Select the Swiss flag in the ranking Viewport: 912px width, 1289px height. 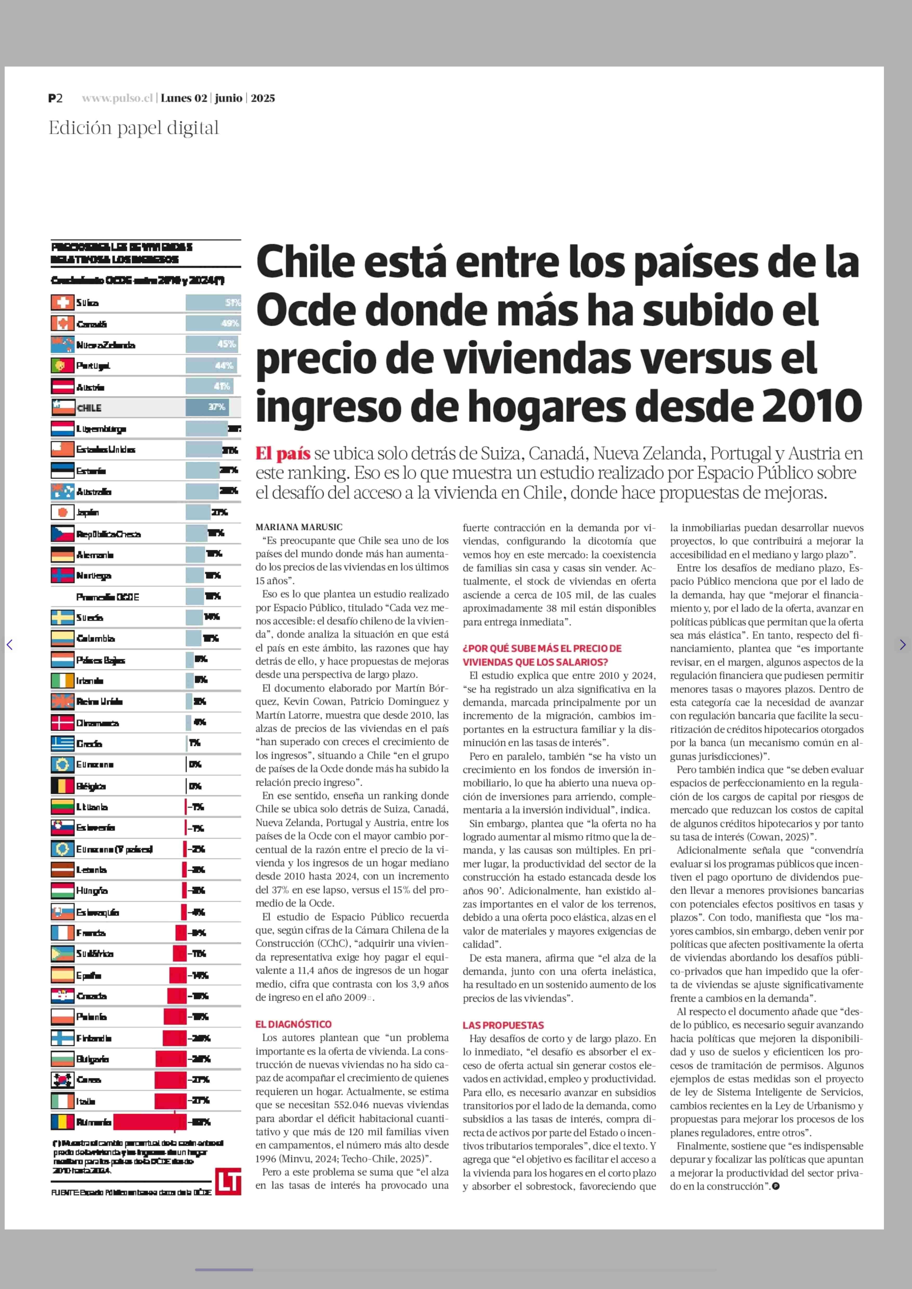[x=62, y=303]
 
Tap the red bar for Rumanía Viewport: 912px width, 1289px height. [x=149, y=1122]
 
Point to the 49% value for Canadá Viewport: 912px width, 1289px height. [x=230, y=323]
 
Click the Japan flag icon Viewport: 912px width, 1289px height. [x=62, y=512]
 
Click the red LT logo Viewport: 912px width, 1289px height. [x=228, y=1181]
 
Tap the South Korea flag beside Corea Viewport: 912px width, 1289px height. [x=62, y=1079]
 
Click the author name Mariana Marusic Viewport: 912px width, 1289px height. [x=299, y=527]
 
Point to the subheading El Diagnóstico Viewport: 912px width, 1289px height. [x=293, y=1024]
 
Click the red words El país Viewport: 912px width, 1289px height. [x=283, y=453]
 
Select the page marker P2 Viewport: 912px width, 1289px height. [x=55, y=98]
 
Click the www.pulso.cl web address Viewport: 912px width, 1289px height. [x=117, y=98]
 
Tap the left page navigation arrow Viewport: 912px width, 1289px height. [x=10, y=645]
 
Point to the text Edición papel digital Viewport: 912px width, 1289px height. [x=134, y=128]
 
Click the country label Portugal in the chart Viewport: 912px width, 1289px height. [x=93, y=366]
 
